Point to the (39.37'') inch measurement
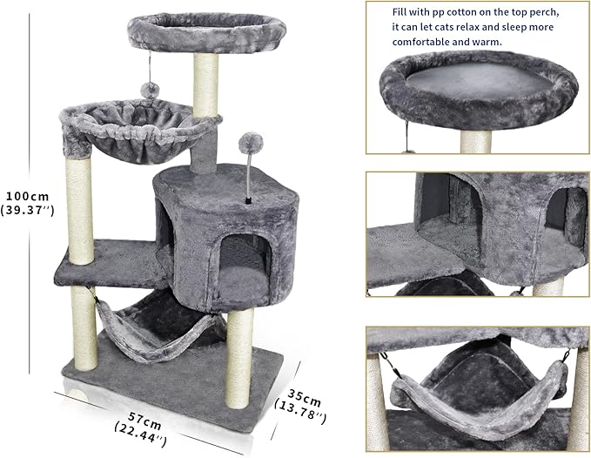[x=28, y=210]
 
